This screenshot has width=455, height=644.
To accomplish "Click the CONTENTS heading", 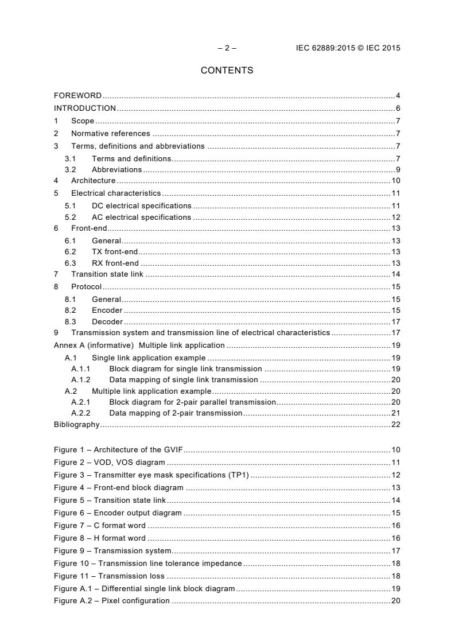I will point(227,71).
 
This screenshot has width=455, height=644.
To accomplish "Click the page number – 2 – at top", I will point(227,48).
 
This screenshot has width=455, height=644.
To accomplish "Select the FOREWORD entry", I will point(77,95).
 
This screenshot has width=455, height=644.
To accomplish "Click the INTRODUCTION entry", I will point(85,108).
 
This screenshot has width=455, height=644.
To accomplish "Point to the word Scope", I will point(83,121).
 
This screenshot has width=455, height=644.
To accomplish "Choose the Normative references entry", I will point(110,134).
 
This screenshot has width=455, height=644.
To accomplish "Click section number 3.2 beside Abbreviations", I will point(71,169).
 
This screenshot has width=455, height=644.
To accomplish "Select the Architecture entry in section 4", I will point(93,181).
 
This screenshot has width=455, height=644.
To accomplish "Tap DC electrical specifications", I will point(141,205).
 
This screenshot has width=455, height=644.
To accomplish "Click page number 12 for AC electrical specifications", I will point(395,218).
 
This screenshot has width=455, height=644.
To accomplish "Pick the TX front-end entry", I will point(115,251).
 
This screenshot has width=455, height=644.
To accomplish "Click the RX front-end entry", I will point(115,263).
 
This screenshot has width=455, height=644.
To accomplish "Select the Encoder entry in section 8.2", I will point(107,310).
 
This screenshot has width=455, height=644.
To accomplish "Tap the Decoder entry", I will point(107,322).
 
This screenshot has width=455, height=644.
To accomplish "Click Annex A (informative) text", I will point(94,345).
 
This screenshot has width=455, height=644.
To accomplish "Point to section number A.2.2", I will point(81,413).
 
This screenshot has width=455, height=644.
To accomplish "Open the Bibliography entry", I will point(76,425).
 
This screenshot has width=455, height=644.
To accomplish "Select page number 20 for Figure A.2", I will point(395,600).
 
